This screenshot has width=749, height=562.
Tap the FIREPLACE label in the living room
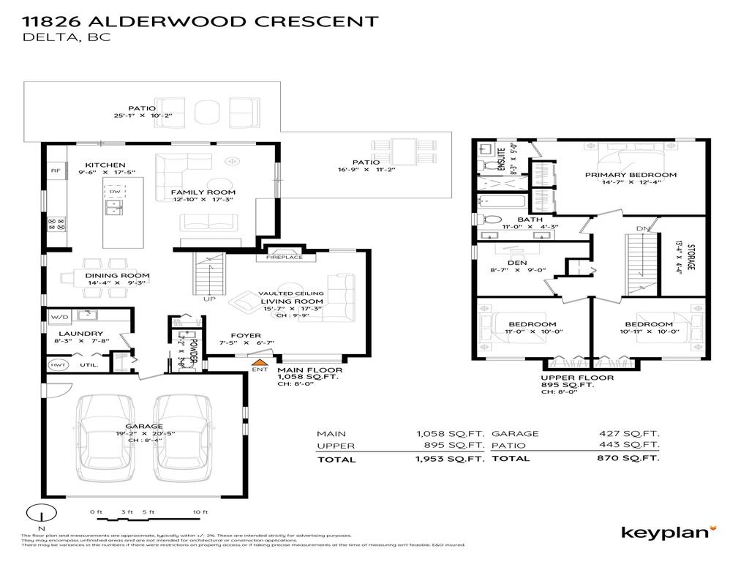point(285,258)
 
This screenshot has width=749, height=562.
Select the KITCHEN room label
point(105,165)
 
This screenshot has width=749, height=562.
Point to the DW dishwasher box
point(113,192)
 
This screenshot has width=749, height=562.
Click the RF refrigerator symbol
point(55,171)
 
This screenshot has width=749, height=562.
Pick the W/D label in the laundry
point(59,318)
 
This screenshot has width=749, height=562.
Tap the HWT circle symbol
point(57,364)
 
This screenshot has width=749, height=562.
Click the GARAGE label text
point(143,426)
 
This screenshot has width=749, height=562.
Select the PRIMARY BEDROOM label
point(631,175)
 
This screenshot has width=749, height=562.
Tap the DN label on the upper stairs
point(642,229)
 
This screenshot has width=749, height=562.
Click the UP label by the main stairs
point(209,299)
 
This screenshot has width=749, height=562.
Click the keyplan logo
point(669,532)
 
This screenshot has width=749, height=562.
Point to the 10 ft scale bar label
point(200,511)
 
